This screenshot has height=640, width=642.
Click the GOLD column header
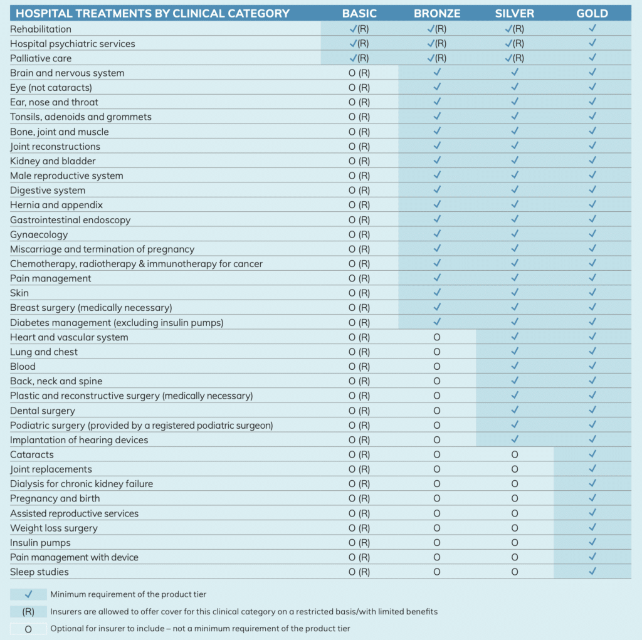coord(592,14)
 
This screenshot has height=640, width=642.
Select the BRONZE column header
coord(437,14)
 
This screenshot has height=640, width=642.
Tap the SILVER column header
coord(515,14)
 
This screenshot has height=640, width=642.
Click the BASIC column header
coord(359,14)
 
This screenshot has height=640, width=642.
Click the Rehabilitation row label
coord(41,29)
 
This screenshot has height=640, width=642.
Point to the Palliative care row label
coord(41,58)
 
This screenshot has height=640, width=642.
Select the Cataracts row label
coord(32,454)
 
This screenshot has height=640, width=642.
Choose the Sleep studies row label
coord(39,572)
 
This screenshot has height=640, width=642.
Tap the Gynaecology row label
coord(39,234)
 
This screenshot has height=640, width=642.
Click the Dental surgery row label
coord(43,411)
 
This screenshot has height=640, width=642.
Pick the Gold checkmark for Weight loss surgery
coord(592,527)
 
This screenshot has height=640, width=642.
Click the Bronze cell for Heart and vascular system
coord(437,337)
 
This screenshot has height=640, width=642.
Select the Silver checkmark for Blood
coord(515,365)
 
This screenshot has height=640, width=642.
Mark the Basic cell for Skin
coord(359,293)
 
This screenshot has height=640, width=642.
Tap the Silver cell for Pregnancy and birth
coord(515,499)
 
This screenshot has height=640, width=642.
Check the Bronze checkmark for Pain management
coord(437,278)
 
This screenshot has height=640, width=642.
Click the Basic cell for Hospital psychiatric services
coord(359,43)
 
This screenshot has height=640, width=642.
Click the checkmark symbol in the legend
coord(28,594)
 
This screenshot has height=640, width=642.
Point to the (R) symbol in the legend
coord(28,612)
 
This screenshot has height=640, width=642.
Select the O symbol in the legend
coord(28,629)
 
